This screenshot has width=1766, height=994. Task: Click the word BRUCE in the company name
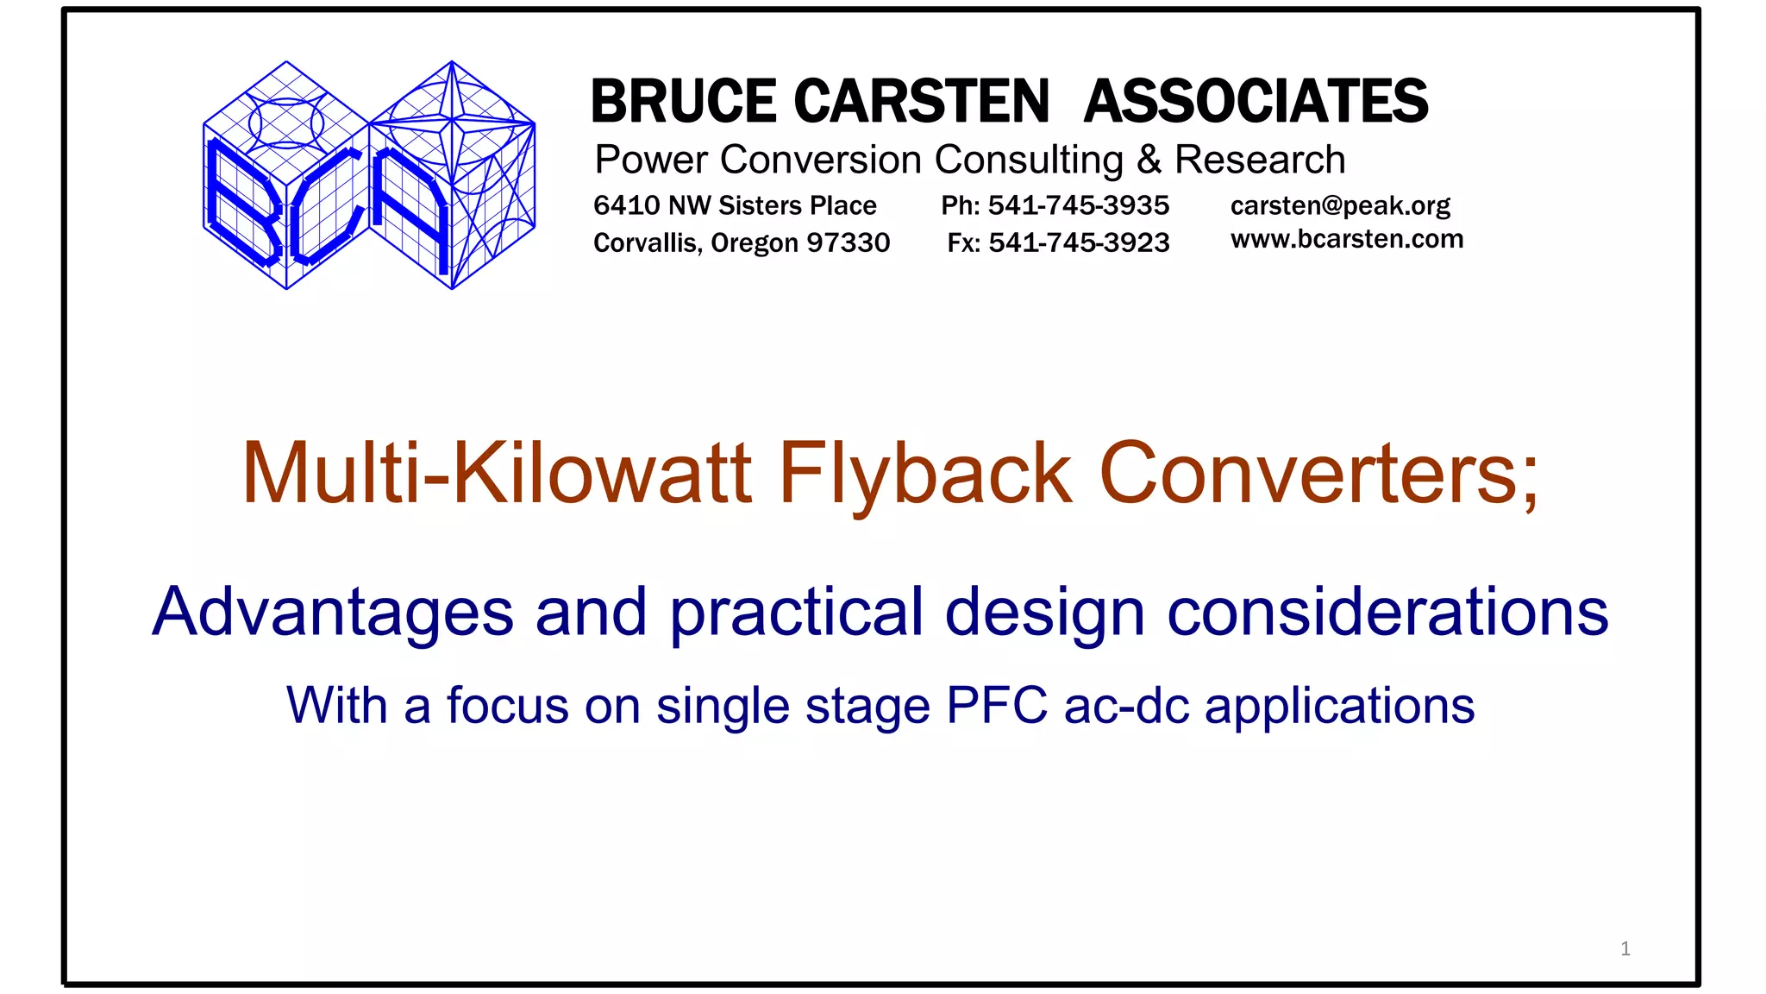point(683,102)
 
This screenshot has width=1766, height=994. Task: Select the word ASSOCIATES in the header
point(1256,102)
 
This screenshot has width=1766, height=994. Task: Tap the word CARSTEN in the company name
point(921,102)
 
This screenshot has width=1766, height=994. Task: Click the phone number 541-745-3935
point(1078,205)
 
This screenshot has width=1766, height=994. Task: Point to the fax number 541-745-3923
point(1079,242)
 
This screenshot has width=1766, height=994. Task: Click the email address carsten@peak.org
point(1340,205)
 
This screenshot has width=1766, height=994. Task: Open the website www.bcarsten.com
point(1347,239)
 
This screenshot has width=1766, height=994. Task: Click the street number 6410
point(626,205)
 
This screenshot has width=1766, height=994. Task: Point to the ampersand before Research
point(1149,160)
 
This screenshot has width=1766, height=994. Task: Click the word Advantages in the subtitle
point(333,613)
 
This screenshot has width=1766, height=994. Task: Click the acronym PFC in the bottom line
point(996,706)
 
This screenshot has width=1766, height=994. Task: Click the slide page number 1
point(1625,949)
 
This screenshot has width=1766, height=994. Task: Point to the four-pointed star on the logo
point(453,116)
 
